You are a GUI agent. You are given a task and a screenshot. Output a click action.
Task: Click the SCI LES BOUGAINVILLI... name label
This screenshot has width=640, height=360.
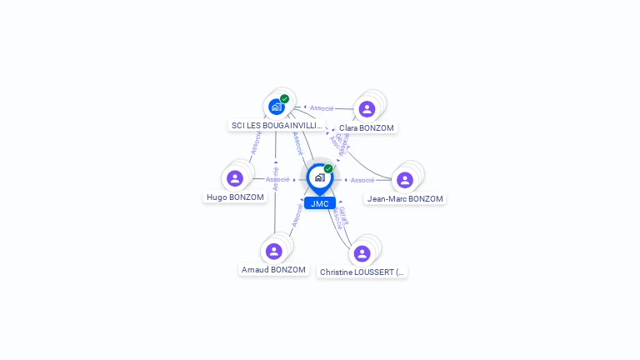point(277,126)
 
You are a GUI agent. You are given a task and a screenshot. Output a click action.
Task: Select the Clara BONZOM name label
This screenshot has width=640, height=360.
point(367,128)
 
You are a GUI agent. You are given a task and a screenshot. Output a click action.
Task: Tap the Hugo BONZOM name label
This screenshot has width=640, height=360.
point(235,197)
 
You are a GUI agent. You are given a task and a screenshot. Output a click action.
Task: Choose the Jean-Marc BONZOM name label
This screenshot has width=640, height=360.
point(406,199)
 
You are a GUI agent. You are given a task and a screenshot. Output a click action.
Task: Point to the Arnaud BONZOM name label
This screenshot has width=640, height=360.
point(273,270)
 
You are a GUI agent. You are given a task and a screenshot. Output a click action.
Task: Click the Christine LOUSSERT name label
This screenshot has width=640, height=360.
point(362,272)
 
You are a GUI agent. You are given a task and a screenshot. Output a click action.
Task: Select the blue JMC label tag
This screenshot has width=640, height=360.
point(319,203)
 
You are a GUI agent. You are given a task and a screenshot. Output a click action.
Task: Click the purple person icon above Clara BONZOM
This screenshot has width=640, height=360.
point(367,108)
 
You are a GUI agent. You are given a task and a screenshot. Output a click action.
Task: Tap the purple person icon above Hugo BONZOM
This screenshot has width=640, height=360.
point(235,178)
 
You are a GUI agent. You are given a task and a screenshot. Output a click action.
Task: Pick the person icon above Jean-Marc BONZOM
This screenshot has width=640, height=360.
point(405,180)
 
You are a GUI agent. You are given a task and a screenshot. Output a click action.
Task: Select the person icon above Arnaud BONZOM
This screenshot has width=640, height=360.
point(274,251)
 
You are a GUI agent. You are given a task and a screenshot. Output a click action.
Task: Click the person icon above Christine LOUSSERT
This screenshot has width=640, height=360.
point(362,253)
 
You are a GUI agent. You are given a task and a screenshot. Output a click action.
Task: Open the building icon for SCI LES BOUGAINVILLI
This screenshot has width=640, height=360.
point(277,107)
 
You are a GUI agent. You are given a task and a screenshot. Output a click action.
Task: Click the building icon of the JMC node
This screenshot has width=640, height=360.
point(319,177)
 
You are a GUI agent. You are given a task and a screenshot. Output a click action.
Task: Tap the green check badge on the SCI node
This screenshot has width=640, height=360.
point(285,98)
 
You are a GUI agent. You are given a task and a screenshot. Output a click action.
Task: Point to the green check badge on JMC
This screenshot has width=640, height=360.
point(328,168)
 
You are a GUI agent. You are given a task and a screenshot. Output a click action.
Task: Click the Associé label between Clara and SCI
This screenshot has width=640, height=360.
point(322,108)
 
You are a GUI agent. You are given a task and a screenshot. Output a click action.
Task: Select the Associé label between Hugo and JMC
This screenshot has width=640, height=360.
point(277,179)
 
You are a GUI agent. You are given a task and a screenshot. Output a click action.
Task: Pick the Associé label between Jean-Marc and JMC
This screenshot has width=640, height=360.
point(362,180)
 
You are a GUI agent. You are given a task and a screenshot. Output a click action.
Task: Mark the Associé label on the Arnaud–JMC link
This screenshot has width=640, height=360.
point(296,214)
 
